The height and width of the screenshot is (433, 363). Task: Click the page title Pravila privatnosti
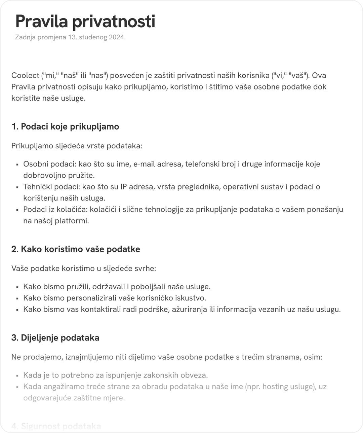click(x=85, y=22)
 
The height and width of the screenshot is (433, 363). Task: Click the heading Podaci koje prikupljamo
click(x=70, y=127)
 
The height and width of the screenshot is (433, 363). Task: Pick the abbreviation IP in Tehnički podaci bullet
click(x=124, y=187)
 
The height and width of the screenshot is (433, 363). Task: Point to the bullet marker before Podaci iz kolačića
click(x=17, y=210)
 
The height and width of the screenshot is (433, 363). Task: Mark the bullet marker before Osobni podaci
click(x=17, y=165)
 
